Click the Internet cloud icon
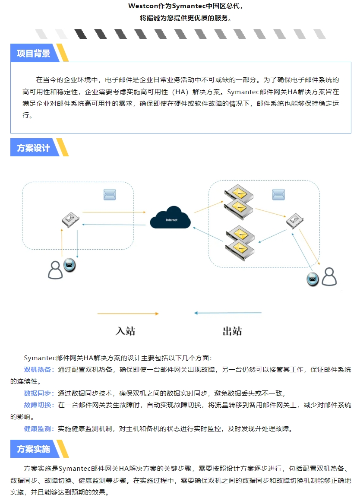coord(170,218)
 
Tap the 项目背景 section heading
coord(33,53)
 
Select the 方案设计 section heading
coord(33,148)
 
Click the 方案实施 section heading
coord(33,449)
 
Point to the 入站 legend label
coord(125,331)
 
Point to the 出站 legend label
coord(232,331)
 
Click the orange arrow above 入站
coord(128,314)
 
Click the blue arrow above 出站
coord(227,313)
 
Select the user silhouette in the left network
coord(55,270)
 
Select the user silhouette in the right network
coord(329,276)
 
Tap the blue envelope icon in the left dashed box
coord(110,194)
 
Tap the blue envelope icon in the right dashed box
coord(278,194)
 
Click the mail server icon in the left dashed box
coord(70,220)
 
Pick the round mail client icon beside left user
coord(69,265)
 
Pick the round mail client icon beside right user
coord(313,279)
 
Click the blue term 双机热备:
coord(39,369)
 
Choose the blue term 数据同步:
coord(39,393)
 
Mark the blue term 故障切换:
coord(39,405)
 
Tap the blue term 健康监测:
coord(39,429)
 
